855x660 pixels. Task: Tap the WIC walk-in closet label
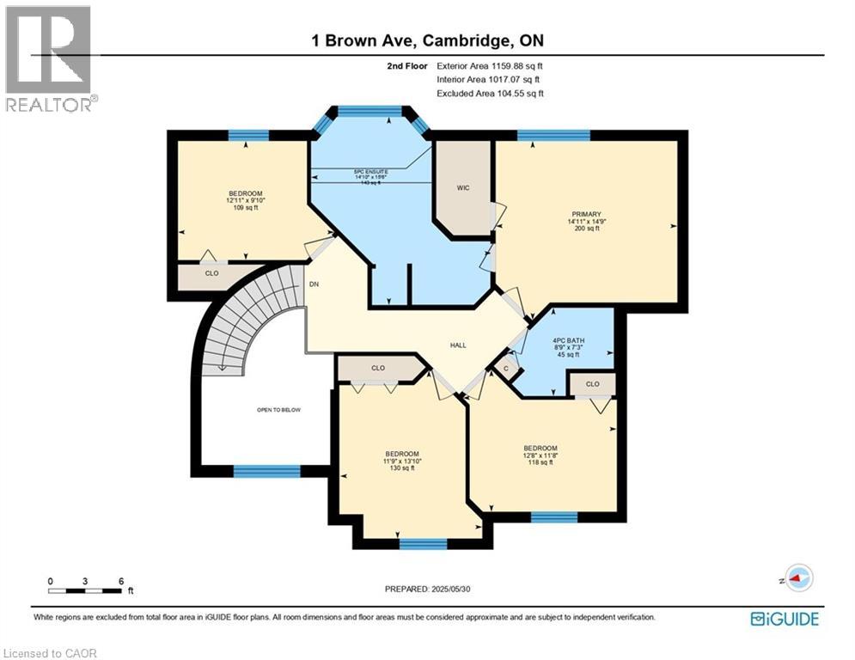coord(463,187)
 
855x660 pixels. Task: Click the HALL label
coord(458,345)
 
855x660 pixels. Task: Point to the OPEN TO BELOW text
coord(278,411)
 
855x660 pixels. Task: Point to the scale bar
coord(85,590)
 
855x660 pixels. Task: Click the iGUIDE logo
coord(785,619)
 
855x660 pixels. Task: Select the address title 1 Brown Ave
coord(427,40)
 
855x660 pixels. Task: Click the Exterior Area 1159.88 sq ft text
coord(489,64)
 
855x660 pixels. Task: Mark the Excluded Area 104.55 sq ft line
coord(490,94)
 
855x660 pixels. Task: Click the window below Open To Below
coord(267,471)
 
